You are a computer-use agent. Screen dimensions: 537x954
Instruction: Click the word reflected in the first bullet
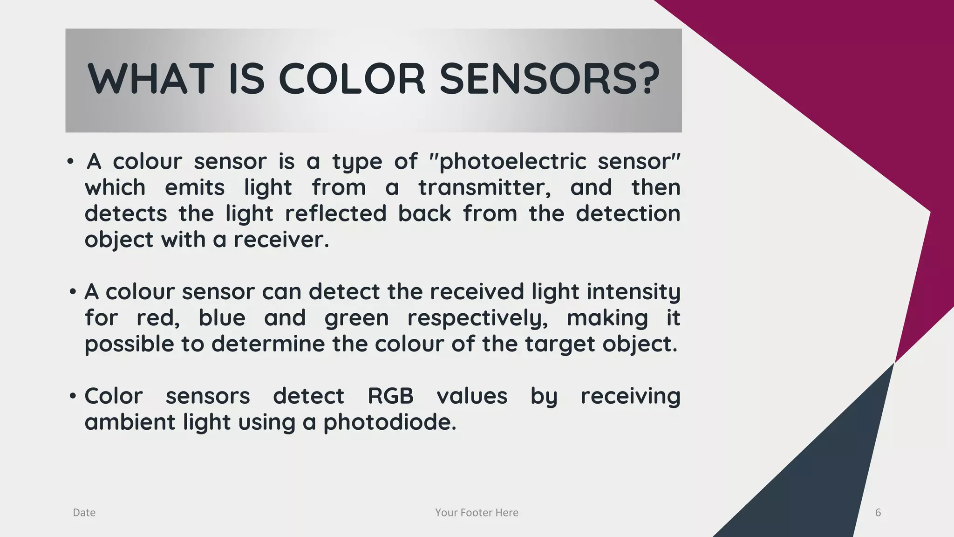[x=335, y=213]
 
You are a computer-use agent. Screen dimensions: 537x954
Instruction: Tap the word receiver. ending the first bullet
[x=281, y=240]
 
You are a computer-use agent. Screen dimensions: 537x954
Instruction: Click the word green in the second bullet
[x=356, y=318]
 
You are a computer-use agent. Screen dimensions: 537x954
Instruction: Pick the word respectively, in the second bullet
[x=477, y=318]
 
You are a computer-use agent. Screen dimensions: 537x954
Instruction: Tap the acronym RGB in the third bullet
[x=390, y=396]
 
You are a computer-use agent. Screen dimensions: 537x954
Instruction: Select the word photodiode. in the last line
[x=390, y=422]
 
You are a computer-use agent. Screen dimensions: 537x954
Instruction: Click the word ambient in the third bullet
[x=129, y=422]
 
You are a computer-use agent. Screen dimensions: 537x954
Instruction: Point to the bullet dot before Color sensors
[x=72, y=397]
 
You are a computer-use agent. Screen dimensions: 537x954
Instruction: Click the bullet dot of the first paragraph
[x=70, y=162]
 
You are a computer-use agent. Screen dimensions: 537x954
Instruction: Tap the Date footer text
[x=84, y=513]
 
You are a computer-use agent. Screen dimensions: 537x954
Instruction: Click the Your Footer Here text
[x=477, y=513]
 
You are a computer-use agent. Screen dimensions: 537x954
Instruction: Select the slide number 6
[x=878, y=513]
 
